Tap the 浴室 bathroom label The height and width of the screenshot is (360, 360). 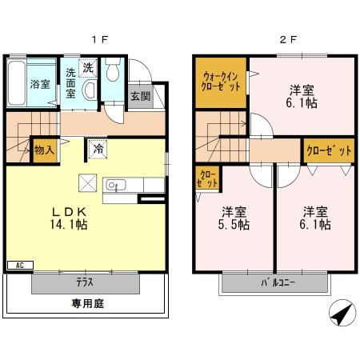coord(39,83)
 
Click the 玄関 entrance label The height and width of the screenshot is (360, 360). coord(139,95)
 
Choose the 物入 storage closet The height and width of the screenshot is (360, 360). coord(44,150)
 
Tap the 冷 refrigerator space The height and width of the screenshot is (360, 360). coord(98,148)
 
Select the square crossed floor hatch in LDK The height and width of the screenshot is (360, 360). coord(87,182)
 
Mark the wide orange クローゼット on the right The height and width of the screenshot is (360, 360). coord(328,150)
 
